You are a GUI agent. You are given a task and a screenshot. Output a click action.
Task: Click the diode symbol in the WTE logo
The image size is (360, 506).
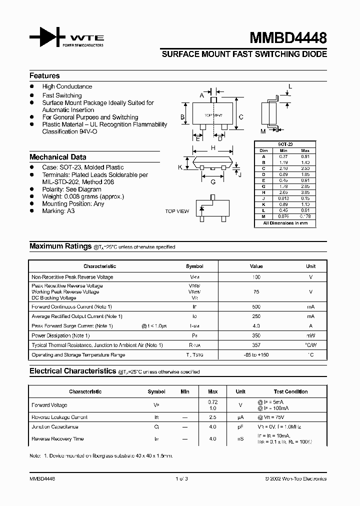pos(47,37)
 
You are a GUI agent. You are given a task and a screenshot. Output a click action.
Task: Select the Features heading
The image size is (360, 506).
pos(44,75)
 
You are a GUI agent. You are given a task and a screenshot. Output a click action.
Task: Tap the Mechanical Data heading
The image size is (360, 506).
pos(57,156)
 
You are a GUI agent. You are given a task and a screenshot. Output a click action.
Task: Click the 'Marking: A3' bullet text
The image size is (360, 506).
pos(58,211)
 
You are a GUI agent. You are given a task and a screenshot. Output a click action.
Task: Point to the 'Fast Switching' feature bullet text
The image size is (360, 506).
pos(62,95)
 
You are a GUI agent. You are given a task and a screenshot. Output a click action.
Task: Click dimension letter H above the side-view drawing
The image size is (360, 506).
pos(213,148)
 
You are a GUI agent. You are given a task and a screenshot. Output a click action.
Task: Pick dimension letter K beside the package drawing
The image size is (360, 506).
pos(180,167)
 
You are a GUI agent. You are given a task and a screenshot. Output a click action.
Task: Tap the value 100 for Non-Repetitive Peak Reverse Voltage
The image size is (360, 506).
pos(256,276)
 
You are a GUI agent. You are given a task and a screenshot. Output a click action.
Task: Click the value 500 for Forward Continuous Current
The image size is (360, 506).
pos(256,306)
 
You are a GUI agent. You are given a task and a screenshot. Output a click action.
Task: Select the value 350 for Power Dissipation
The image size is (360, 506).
pos(256,335)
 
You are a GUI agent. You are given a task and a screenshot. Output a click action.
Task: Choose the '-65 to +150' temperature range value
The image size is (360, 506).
pos(256,355)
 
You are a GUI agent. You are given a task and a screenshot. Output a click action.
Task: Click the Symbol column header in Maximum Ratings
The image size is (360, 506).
pos(194,266)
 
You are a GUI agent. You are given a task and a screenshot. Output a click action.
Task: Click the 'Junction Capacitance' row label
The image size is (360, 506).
pos(55,427)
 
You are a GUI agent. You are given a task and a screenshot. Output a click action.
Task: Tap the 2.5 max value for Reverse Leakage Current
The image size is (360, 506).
pos(212,417)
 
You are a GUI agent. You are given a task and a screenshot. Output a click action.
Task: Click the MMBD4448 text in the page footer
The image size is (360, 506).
pos(42,478)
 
